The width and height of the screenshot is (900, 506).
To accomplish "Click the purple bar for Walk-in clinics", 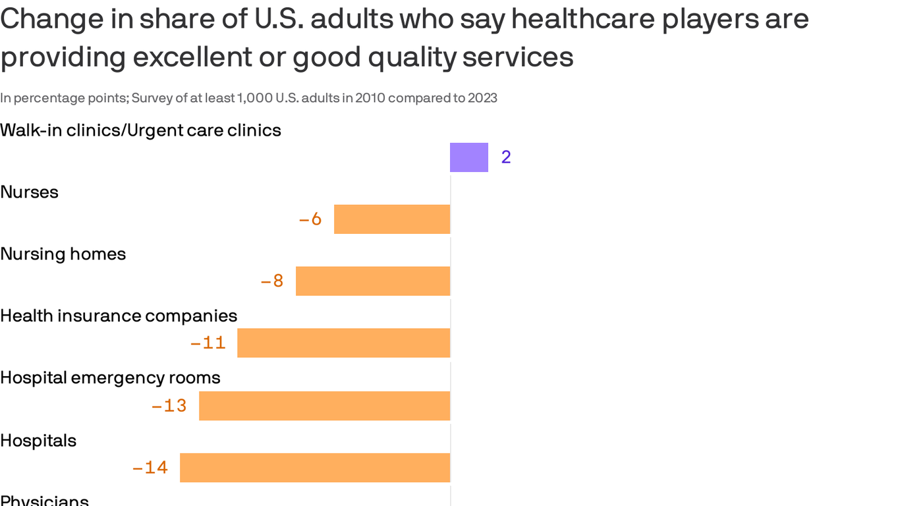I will coord(468,157).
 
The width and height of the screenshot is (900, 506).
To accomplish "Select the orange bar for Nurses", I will coord(392,219).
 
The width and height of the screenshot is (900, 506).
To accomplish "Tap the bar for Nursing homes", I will coord(373,281).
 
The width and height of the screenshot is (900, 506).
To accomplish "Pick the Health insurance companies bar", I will coord(343,343).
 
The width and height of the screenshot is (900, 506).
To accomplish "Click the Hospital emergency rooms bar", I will coord(324,406).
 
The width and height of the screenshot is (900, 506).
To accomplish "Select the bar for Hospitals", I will coord(315,468).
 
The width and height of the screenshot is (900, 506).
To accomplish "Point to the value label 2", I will coord(506,157).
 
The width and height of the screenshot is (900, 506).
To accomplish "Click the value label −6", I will coord(310,219).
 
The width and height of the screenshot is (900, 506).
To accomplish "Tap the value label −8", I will coord(272,281).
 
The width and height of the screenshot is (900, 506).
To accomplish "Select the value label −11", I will coord(208,343).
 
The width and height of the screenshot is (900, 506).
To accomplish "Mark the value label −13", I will coord(169,406).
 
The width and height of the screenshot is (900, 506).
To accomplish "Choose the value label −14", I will coord(150,468).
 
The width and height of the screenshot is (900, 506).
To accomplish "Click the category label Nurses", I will coord(30,192).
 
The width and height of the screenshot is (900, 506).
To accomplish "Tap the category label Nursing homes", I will coord(63,254).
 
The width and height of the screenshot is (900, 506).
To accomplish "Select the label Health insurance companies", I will coord(119,316).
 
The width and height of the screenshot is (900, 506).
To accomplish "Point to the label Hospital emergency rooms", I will coord(110,378).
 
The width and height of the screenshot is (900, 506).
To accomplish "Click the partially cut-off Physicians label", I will coord(44,500).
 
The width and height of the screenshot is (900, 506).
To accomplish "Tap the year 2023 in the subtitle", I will coord(482,98).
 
